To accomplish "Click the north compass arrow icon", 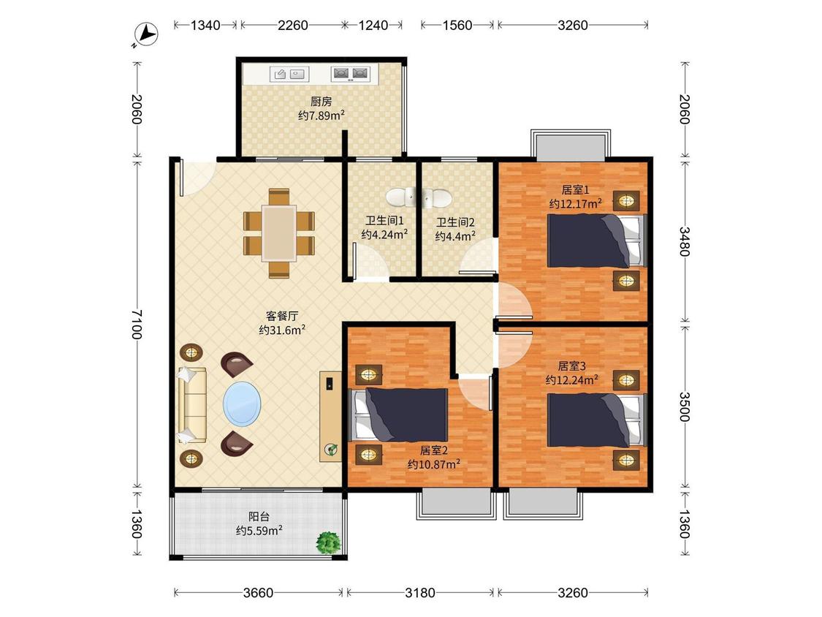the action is [145, 35].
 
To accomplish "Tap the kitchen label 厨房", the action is [321, 102].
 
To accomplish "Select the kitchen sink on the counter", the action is [289, 74].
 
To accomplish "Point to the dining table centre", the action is [279, 233].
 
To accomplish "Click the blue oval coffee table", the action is [242, 404].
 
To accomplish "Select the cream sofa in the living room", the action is [191, 404].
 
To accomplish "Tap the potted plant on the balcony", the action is [329, 542].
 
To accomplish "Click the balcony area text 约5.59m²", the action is [259, 531].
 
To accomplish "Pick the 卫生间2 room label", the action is [455, 222].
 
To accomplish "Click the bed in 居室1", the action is [595, 241].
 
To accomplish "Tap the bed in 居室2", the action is [398, 415].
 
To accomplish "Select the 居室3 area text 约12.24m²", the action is [571, 380].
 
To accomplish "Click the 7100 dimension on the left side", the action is [137, 324].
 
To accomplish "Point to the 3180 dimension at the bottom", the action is [420, 593].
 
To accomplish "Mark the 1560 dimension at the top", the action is [457, 25].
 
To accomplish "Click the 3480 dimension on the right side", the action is [685, 241].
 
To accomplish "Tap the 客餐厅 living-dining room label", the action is [282, 316].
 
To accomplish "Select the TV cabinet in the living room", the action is [330, 416].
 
